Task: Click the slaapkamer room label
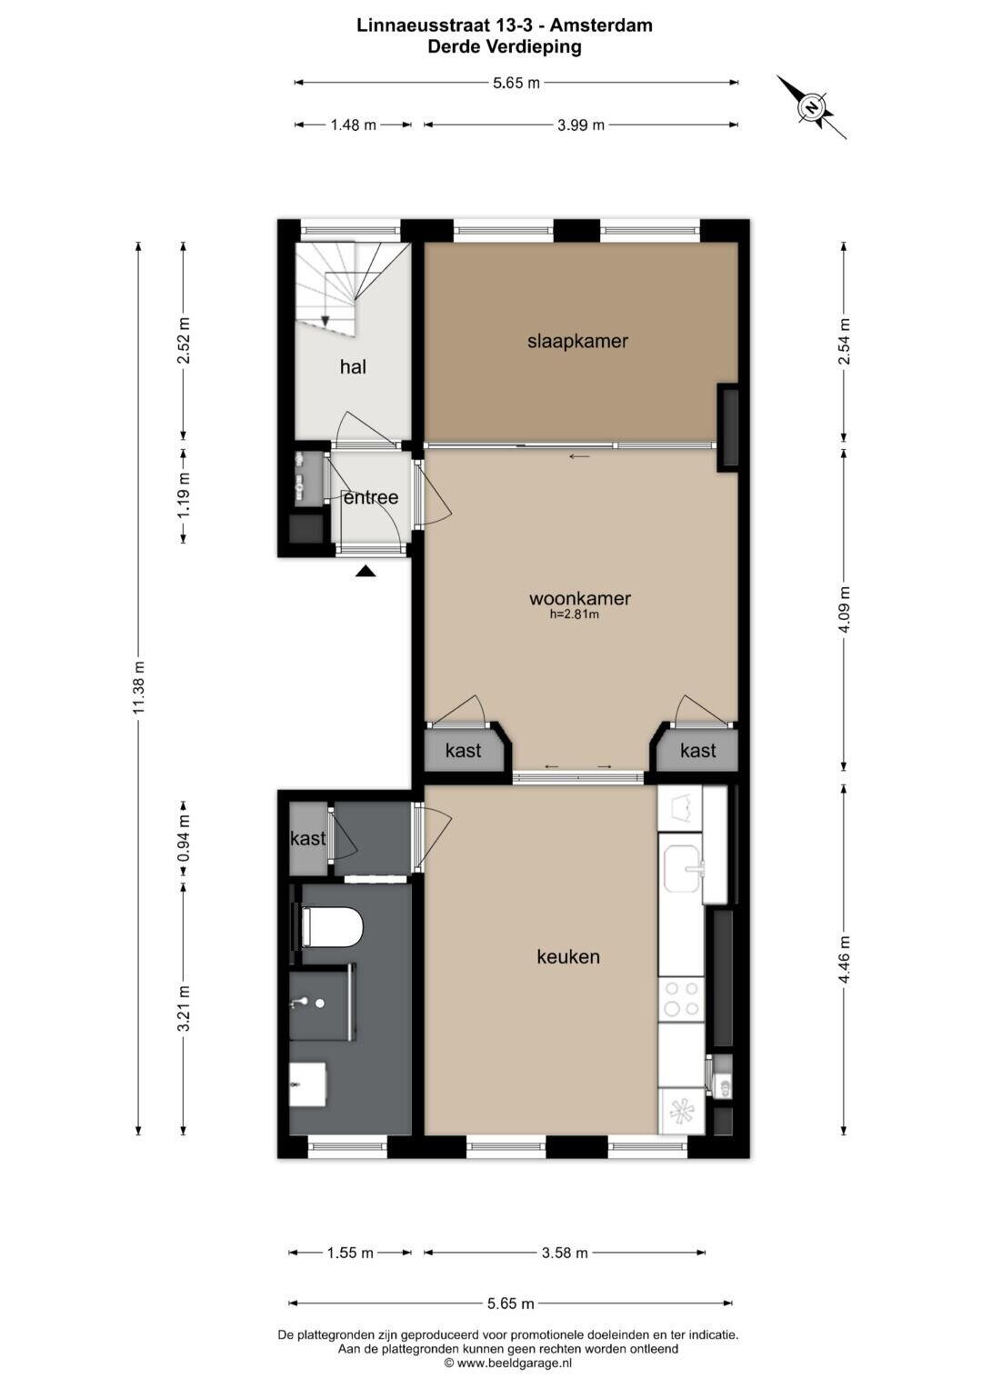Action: (x=577, y=341)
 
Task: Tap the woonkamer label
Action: (x=580, y=598)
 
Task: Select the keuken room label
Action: (x=568, y=957)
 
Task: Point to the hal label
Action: (x=353, y=367)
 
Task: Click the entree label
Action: (x=371, y=497)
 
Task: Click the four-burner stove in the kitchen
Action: (x=681, y=999)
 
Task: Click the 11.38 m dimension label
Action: (x=139, y=686)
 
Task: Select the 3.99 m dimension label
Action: (x=581, y=125)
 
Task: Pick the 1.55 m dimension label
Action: (x=350, y=1253)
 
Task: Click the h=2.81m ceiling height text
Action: (x=574, y=614)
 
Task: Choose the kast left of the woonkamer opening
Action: (x=463, y=751)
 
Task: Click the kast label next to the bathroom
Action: (x=308, y=838)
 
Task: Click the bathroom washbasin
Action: (x=308, y=1083)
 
